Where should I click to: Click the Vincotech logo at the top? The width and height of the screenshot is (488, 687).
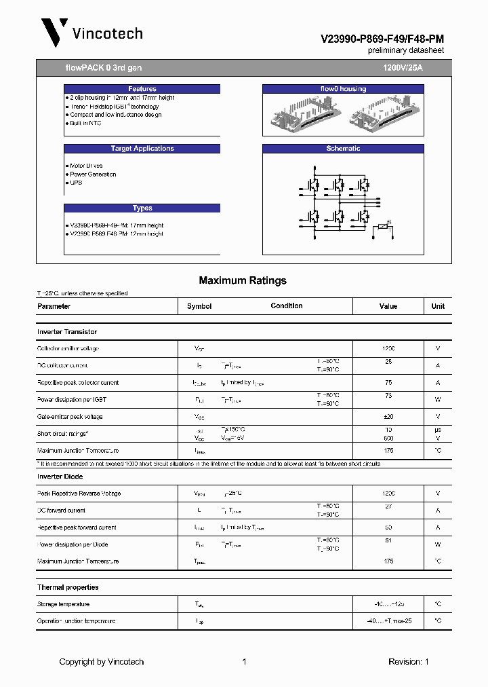point(92,33)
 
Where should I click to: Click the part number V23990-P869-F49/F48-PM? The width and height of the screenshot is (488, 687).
point(382,39)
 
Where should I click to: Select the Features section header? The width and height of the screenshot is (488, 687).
point(142,89)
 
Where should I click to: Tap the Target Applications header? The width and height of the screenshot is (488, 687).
point(142,149)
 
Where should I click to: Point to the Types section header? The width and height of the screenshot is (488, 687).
point(142,208)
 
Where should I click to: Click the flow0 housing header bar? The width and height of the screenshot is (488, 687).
point(343,89)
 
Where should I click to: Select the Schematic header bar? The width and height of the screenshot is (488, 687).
point(343,149)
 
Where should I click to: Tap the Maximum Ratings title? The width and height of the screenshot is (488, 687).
point(243,280)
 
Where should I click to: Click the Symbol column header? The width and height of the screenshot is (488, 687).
point(199,306)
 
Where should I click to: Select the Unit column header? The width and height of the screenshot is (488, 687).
point(438,306)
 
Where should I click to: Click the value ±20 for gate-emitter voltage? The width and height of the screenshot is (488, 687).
point(388,417)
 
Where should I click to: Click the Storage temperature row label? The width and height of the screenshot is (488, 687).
point(63,604)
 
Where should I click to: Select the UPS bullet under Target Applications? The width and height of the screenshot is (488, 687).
point(76,183)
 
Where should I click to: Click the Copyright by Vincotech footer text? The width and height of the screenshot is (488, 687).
point(102,662)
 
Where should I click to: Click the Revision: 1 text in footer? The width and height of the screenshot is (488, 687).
point(408,662)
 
